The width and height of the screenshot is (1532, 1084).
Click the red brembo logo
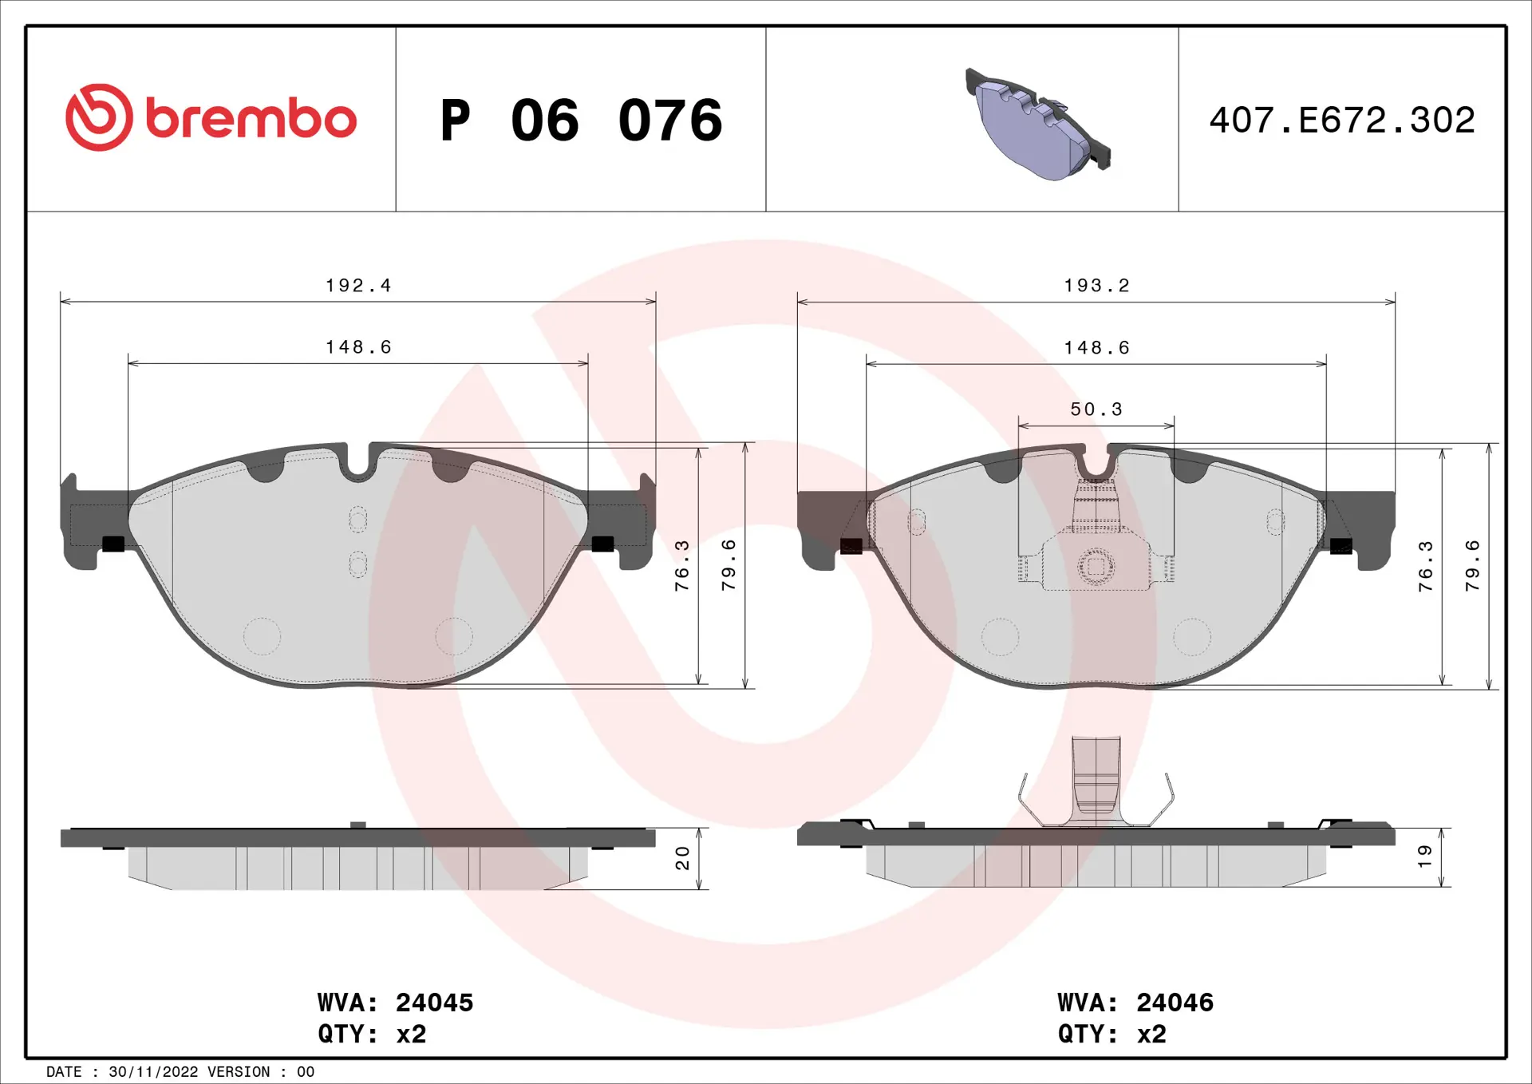coord(211,117)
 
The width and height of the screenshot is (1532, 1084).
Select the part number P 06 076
coord(581,121)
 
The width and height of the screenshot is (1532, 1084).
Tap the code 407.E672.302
coord(1342,121)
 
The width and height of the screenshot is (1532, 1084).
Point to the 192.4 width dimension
coord(358,285)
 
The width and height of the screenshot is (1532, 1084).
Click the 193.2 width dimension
coord(1096,285)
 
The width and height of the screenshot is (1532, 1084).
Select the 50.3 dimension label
coord(1096,409)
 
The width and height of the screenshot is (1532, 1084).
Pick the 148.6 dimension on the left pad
coord(358,347)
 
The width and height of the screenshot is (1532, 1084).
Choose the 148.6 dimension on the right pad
coord(1096,348)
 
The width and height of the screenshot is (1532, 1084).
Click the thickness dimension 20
coord(682,857)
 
